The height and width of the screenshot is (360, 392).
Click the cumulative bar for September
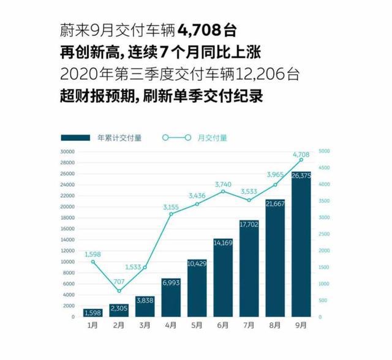point(301,245)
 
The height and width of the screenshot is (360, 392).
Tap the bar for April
point(171,300)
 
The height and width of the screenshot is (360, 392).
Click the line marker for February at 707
point(119,291)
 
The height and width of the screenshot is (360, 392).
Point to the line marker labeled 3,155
point(171,214)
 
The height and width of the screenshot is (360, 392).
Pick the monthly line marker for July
point(249,200)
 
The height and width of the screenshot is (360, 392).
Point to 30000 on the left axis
point(67,151)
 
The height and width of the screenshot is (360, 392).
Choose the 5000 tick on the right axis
point(324,151)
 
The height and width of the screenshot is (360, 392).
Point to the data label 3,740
point(222,184)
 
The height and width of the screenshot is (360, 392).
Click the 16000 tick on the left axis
point(67,228)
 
